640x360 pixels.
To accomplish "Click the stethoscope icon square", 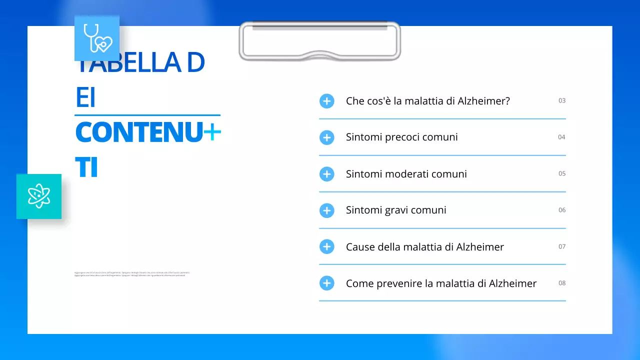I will (x=97, y=38).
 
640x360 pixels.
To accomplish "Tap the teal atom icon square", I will (x=39, y=196).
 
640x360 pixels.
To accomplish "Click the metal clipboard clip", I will (x=320, y=41).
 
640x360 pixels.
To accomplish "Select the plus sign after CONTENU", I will (x=212, y=132).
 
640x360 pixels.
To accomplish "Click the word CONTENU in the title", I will (x=139, y=132).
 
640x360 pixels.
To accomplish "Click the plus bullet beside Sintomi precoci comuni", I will (x=326, y=137).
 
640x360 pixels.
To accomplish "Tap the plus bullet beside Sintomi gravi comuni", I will (x=326, y=210).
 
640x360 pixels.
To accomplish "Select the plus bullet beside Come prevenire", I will (x=326, y=283).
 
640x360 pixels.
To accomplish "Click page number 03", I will (x=562, y=100).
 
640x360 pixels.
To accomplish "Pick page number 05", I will (x=562, y=173).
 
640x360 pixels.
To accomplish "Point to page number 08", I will (x=562, y=283).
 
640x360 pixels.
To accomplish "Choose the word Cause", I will (x=359, y=247).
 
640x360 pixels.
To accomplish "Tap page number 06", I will (x=562, y=210).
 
